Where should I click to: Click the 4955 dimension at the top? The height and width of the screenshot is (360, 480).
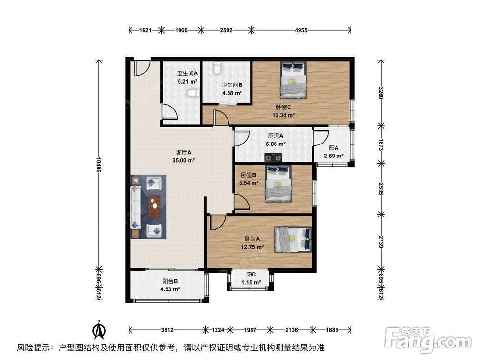click(301, 30)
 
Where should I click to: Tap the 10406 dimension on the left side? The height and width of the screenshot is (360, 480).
click(98, 165)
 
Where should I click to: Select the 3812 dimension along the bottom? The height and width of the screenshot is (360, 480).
click(167, 330)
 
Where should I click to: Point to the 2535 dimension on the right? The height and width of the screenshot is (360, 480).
click(381, 189)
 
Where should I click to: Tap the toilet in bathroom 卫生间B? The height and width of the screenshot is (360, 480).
click(217, 69)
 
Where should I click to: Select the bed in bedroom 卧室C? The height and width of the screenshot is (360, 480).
click(293, 81)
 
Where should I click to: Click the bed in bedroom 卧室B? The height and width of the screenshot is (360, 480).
click(278, 184)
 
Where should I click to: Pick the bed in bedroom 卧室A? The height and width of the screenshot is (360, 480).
click(293, 240)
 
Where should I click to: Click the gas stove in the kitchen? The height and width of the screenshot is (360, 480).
click(273, 157)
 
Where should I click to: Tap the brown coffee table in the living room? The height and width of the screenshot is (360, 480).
click(155, 206)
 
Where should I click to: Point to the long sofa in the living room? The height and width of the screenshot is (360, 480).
click(136, 207)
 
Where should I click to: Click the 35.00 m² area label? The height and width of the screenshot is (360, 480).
click(184, 160)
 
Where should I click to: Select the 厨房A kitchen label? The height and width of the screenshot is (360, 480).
click(276, 136)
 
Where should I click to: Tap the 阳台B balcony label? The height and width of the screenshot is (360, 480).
click(170, 281)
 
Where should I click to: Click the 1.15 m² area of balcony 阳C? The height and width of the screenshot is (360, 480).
click(251, 282)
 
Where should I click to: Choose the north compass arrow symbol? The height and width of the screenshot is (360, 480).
click(99, 330)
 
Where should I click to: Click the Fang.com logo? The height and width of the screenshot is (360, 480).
click(428, 339)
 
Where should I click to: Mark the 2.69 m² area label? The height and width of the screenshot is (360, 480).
click(334, 156)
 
